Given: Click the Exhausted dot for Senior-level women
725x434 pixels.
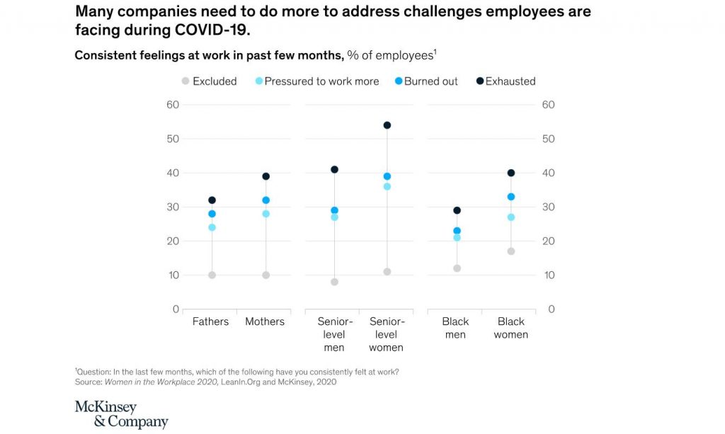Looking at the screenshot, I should tap(387, 125).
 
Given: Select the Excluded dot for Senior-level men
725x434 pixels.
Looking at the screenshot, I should tap(334, 282).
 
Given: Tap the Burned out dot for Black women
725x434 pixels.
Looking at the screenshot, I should tap(510, 197).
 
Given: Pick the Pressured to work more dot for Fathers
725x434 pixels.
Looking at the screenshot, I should tap(212, 227).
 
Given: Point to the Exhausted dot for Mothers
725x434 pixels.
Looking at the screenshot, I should tap(266, 176).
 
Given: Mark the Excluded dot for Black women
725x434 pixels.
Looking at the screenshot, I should tap(510, 251).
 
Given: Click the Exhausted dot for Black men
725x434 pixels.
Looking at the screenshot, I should tap(457, 210).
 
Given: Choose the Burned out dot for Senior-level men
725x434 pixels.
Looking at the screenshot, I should tap(334, 210).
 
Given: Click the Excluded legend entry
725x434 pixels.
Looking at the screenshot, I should tap(209, 81).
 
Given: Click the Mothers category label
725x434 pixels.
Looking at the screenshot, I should tap(265, 321).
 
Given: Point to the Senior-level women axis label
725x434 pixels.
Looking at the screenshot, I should tap(387, 334).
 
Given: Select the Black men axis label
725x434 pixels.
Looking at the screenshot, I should tap(456, 328).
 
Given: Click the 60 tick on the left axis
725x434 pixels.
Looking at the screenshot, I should tap(172, 105).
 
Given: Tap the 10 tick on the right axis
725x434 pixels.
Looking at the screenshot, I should tap(547, 275).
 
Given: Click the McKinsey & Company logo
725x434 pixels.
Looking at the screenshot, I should tap(121, 415).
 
